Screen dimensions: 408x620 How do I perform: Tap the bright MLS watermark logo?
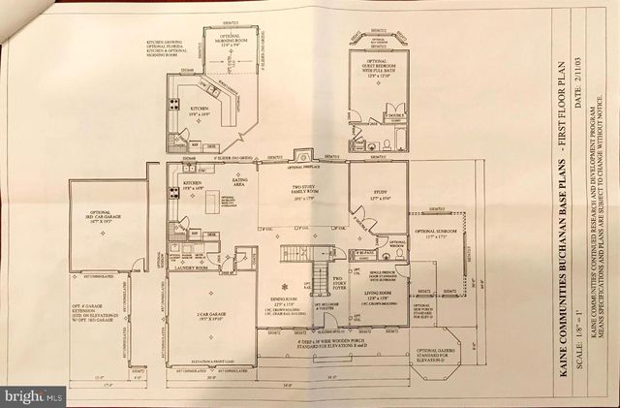pyautogui.click(x=34, y=394)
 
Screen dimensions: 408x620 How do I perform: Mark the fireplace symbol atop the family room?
pyautogui.click(x=302, y=155)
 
